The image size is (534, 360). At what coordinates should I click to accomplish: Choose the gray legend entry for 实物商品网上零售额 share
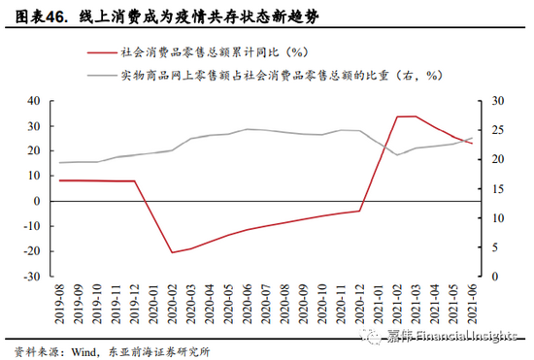[x=282, y=75]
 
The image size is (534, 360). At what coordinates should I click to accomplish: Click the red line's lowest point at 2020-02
[x=172, y=252]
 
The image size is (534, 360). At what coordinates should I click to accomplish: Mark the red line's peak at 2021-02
[x=398, y=116]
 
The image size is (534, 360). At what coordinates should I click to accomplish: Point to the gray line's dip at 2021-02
[x=398, y=155]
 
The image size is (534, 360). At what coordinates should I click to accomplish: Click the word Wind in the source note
[x=82, y=350]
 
